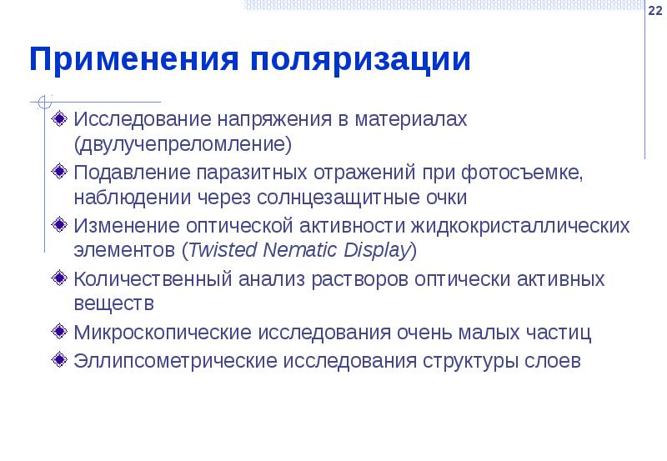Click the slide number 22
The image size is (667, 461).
[655, 8]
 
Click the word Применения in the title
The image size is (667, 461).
[133, 61]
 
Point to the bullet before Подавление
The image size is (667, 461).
[58, 172]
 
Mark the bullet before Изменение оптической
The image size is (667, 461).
[58, 225]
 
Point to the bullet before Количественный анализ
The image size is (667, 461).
[58, 278]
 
